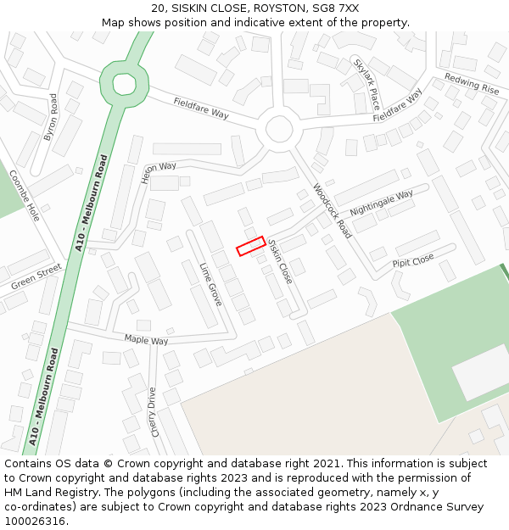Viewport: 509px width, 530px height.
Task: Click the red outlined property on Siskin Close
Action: pyautogui.click(x=250, y=246)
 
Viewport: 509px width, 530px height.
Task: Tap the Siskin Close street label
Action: pyautogui.click(x=280, y=260)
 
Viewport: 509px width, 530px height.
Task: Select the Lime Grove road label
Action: pyautogui.click(x=210, y=284)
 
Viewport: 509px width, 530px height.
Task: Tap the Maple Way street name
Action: pyautogui.click(x=146, y=339)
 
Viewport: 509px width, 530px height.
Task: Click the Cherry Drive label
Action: pyautogui.click(x=154, y=411)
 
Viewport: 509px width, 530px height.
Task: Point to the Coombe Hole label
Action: pyautogui.click(x=25, y=195)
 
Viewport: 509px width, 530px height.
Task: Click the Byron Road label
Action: pyautogui.click(x=52, y=117)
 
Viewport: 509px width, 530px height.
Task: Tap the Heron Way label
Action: pyautogui.click(x=159, y=172)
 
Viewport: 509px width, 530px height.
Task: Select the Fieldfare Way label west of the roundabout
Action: pyautogui.click(x=201, y=108)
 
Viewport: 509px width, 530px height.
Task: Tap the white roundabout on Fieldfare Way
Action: pyautogui.click(x=278, y=130)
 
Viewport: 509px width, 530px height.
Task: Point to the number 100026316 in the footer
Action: pyautogui.click(x=35, y=521)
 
